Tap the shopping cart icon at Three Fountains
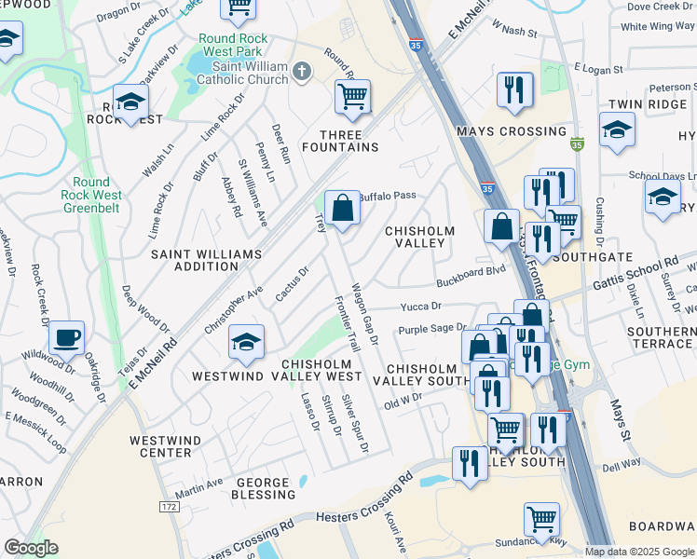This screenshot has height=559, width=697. [x=352, y=96]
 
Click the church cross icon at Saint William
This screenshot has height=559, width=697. [x=302, y=72]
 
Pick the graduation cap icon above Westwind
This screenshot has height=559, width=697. [x=246, y=342]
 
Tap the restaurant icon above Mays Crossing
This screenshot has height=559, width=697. [x=513, y=89]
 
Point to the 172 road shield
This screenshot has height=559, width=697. [x=169, y=506]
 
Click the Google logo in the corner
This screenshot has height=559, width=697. [x=31, y=548]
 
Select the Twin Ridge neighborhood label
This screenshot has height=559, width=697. [x=647, y=104]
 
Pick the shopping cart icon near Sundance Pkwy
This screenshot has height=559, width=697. [x=541, y=519]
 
